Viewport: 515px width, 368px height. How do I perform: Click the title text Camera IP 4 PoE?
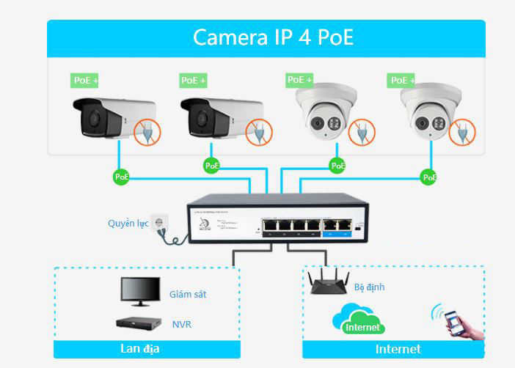[x=273, y=37]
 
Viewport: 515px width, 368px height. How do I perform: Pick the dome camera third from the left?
[x=325, y=113]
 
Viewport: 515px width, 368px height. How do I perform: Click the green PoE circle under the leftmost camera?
[x=121, y=177]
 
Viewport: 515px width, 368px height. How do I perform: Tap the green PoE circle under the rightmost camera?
[x=429, y=177]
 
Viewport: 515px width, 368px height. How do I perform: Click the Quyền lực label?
[x=128, y=223]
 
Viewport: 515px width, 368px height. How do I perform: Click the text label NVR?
[x=181, y=323]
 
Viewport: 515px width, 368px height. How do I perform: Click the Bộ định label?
[x=369, y=287]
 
